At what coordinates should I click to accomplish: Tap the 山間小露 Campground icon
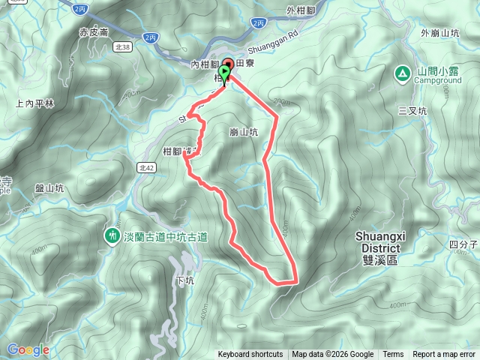pos(402,72)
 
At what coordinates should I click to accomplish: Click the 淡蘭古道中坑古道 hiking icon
pos(112,235)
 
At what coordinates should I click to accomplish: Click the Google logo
pos(28,349)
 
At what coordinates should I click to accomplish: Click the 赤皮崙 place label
pos(94,33)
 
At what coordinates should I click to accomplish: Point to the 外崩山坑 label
pos(439,33)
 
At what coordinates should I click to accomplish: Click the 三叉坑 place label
pos(412,110)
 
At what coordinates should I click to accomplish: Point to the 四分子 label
pos(463,244)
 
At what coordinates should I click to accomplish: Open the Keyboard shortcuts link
pos(250,355)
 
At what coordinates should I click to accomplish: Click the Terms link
pos(393,355)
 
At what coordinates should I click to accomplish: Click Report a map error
pos(445,355)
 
